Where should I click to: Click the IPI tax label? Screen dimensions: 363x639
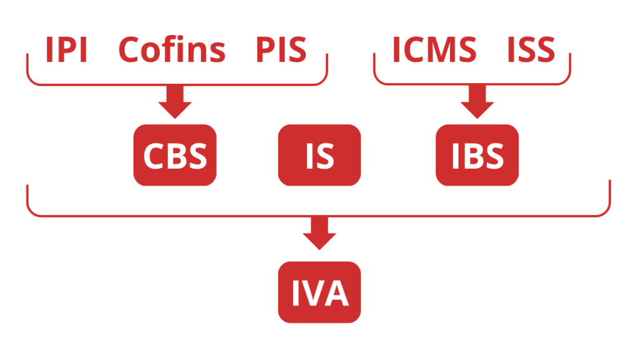pyautogui.click(x=66, y=50)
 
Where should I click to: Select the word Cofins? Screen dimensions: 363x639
pyautogui.click(x=172, y=50)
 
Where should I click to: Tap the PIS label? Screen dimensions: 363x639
pyautogui.click(x=281, y=50)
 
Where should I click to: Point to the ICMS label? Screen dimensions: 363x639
pyautogui.click(x=434, y=50)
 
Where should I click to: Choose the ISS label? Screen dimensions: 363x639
pyautogui.click(x=530, y=50)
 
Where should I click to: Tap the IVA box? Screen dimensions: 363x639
pyautogui.click(x=319, y=292)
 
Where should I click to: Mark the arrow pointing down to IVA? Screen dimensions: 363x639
pyautogui.click(x=319, y=233)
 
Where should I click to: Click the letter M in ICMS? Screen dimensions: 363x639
pyautogui.click(x=445, y=50)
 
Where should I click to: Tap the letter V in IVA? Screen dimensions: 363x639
pyautogui.click(x=320, y=292)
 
